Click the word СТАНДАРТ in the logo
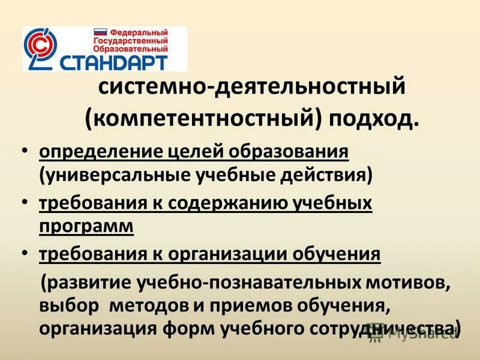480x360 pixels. [123, 61]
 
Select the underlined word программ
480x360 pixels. [86, 226]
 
